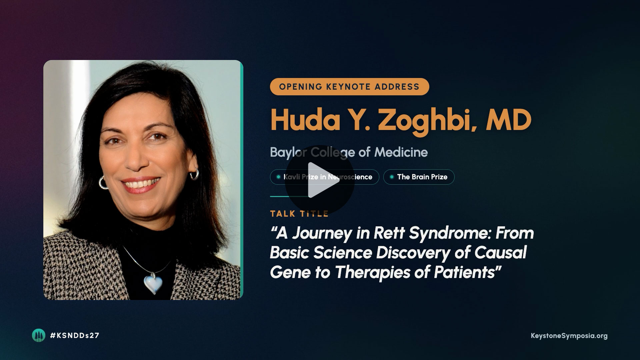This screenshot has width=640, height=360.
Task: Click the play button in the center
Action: click(x=319, y=180)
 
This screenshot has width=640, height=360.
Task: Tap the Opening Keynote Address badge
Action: click(x=349, y=87)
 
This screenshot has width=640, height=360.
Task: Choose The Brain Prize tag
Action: click(x=419, y=177)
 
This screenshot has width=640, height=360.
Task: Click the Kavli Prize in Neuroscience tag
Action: click(x=324, y=177)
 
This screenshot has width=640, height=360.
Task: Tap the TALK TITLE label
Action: click(x=299, y=214)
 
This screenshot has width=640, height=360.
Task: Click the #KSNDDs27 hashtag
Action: click(x=74, y=336)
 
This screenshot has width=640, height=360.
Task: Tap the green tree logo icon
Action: click(x=38, y=335)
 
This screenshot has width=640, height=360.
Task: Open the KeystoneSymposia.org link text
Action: click(x=569, y=336)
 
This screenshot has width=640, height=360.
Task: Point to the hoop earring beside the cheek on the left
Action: click(x=103, y=182)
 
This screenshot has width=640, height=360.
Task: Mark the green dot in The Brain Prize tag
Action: click(x=392, y=177)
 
